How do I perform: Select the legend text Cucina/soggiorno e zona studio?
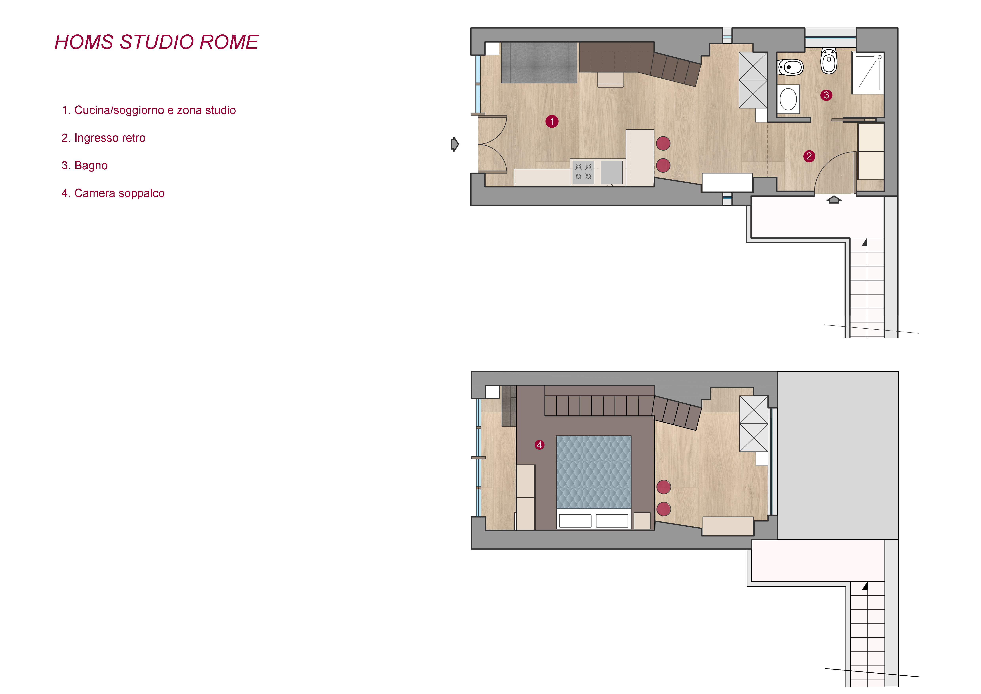click(x=155, y=110)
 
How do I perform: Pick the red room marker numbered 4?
click(x=540, y=445)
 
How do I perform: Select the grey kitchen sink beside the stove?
click(x=612, y=172)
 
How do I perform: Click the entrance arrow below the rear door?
click(x=834, y=200)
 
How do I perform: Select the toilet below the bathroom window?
click(x=829, y=61)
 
